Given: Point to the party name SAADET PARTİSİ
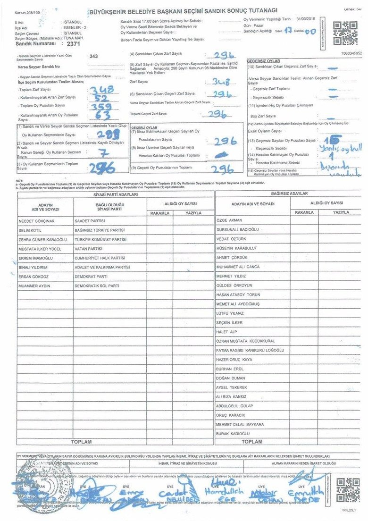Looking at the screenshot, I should pyautogui.click(x=90, y=221).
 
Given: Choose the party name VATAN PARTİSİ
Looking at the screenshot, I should pyautogui.click(x=89, y=249).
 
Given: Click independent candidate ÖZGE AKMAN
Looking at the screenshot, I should pyautogui.click(x=229, y=220).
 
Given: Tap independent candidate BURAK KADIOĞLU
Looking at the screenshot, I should pyautogui.click(x=233, y=433).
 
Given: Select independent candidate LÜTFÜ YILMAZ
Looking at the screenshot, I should pyautogui.click(x=230, y=313).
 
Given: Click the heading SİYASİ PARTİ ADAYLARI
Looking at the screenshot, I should pyautogui.click(x=116, y=194).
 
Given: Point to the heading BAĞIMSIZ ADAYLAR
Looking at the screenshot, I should pyautogui.click(x=289, y=193).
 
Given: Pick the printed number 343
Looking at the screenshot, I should pyautogui.click(x=93, y=56).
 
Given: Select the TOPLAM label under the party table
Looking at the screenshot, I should pyautogui.click(x=81, y=442).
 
